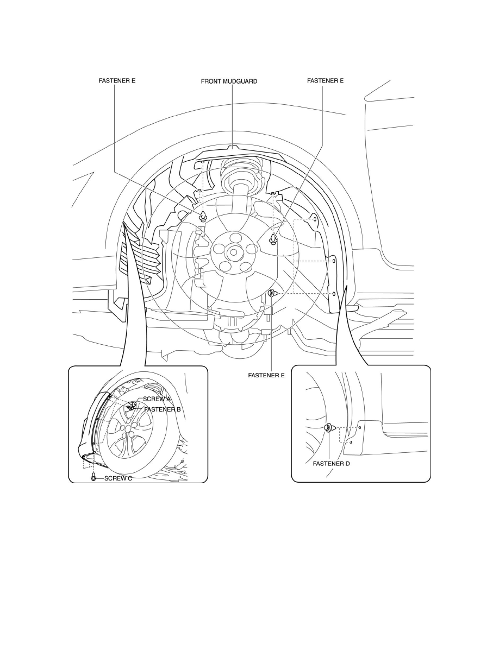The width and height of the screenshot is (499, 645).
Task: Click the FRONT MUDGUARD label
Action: click(229, 81)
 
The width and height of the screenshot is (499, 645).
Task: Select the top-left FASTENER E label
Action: click(117, 81)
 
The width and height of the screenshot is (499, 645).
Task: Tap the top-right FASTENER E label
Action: click(325, 81)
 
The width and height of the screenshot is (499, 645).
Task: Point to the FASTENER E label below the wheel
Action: click(266, 375)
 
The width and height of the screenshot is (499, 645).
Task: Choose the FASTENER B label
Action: click(162, 409)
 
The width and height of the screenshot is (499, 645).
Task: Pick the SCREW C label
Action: click(118, 478)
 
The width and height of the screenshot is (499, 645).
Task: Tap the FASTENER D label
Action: click(332, 464)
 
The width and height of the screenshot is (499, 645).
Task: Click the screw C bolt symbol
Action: click(94, 478)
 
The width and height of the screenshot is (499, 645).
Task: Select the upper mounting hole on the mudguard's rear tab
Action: click(315, 220)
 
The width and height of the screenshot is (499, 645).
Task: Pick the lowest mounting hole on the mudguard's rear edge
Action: click(334, 294)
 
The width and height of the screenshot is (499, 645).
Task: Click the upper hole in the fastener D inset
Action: click(360, 428)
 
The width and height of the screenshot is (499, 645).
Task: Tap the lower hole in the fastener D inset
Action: click(351, 442)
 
